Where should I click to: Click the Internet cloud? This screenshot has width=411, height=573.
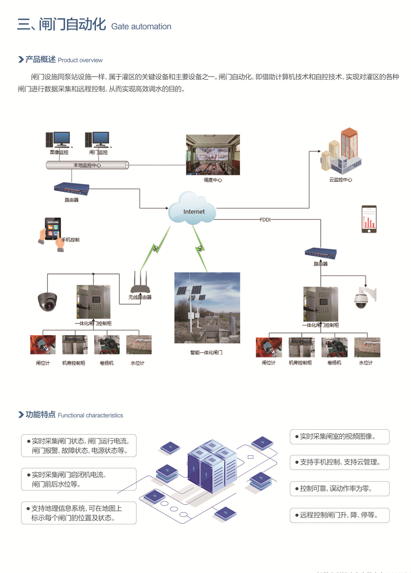[193, 210]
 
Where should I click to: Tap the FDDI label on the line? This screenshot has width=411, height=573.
[265, 220]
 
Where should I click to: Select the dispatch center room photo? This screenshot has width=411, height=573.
[213, 155]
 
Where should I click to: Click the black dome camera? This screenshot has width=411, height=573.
[47, 301]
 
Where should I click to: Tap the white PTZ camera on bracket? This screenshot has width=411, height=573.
[363, 298]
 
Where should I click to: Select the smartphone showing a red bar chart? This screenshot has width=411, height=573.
[369, 219]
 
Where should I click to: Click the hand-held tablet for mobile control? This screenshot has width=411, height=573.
[52, 232]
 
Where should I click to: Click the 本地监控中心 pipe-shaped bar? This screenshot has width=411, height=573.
[87, 165]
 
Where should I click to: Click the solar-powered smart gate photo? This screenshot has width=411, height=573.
[207, 307]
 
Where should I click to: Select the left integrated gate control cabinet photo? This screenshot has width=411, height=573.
[93, 302]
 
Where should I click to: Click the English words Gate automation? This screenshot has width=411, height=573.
[141, 27]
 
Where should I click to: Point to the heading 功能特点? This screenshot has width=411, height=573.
[40, 414]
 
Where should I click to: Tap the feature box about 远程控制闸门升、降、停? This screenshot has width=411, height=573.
[339, 515]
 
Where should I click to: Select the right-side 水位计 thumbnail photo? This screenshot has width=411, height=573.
[367, 347]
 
